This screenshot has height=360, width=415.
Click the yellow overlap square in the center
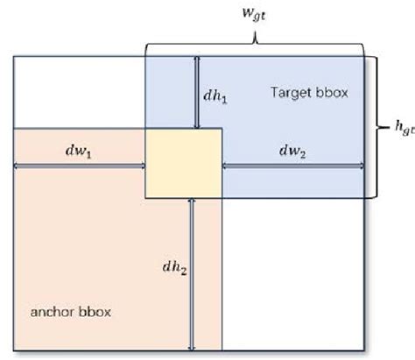(x=183, y=163)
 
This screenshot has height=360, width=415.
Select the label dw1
(x=79, y=152)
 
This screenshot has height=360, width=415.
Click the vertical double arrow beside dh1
(x=197, y=92)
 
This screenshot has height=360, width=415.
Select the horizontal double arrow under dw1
(x=79, y=164)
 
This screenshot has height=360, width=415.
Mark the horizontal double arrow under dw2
(x=292, y=164)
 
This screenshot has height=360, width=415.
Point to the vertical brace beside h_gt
(x=375, y=127)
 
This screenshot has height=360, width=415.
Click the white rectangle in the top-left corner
(x=79, y=92)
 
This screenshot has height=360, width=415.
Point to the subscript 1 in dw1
(x=90, y=155)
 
